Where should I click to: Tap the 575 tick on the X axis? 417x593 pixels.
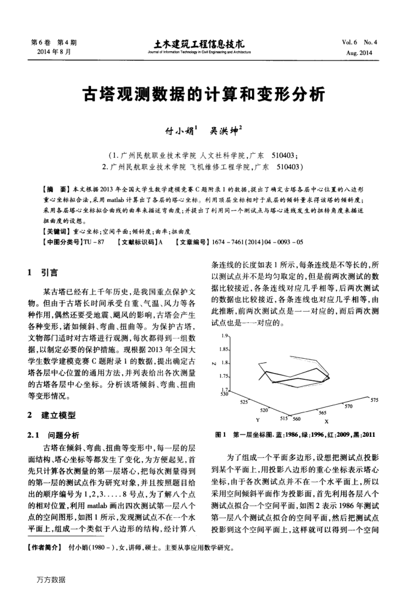tap(374, 400)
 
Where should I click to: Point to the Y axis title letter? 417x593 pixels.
tap(258, 420)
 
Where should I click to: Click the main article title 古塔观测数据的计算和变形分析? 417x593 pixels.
tap(208, 95)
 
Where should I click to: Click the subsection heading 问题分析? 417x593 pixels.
tap(59, 435)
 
